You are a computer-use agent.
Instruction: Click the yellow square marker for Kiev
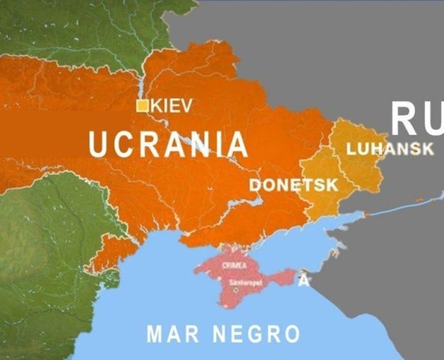143,106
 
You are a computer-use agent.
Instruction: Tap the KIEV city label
172,106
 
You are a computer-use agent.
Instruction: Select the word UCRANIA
168,145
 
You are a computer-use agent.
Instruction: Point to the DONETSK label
294,185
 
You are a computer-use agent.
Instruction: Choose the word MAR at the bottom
173,334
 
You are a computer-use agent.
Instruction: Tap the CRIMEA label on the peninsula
234,265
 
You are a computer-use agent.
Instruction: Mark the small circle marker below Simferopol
236,289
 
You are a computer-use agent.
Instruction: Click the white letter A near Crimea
304,280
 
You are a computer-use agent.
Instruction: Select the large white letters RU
417,118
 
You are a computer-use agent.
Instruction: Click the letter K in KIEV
156,106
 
